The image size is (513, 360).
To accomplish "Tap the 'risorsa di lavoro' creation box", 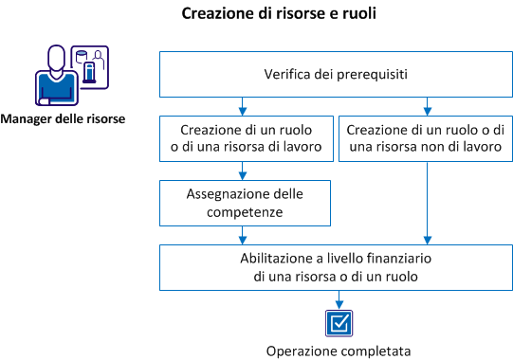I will tap(244, 137).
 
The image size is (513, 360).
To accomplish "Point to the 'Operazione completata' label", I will tap(338, 350).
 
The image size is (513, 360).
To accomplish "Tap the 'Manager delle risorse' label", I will tap(63, 119).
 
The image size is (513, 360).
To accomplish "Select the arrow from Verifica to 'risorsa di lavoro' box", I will tap(244, 106).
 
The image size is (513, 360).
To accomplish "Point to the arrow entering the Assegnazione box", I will tap(244, 171).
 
